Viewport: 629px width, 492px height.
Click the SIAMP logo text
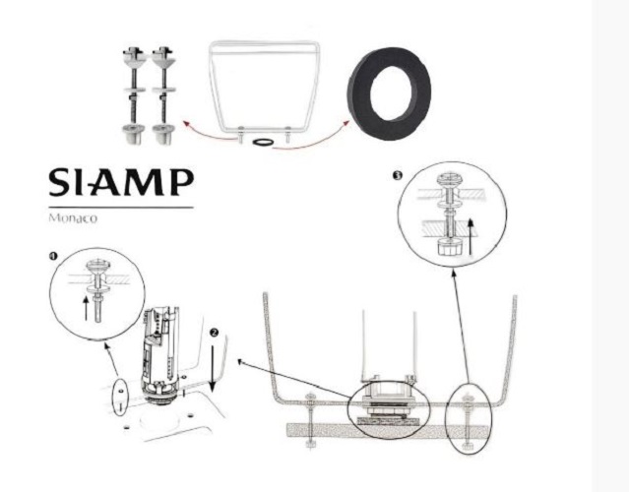[121, 182]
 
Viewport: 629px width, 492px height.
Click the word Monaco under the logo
[73, 218]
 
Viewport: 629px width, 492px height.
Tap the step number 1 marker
[53, 256]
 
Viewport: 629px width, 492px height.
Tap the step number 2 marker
[215, 333]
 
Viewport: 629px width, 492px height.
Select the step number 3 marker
[397, 175]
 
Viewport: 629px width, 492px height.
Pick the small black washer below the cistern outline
[263, 143]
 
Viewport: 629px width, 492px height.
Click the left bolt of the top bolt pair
[134, 95]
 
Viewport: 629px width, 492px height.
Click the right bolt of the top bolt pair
[163, 95]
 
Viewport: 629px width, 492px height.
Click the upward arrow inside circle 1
[86, 308]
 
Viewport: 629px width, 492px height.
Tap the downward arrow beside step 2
[213, 368]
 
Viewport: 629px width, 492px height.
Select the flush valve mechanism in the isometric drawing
[159, 356]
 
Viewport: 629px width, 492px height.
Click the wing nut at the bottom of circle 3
[449, 247]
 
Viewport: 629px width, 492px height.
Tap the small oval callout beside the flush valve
[120, 398]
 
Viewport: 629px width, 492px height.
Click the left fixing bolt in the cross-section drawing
[310, 421]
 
